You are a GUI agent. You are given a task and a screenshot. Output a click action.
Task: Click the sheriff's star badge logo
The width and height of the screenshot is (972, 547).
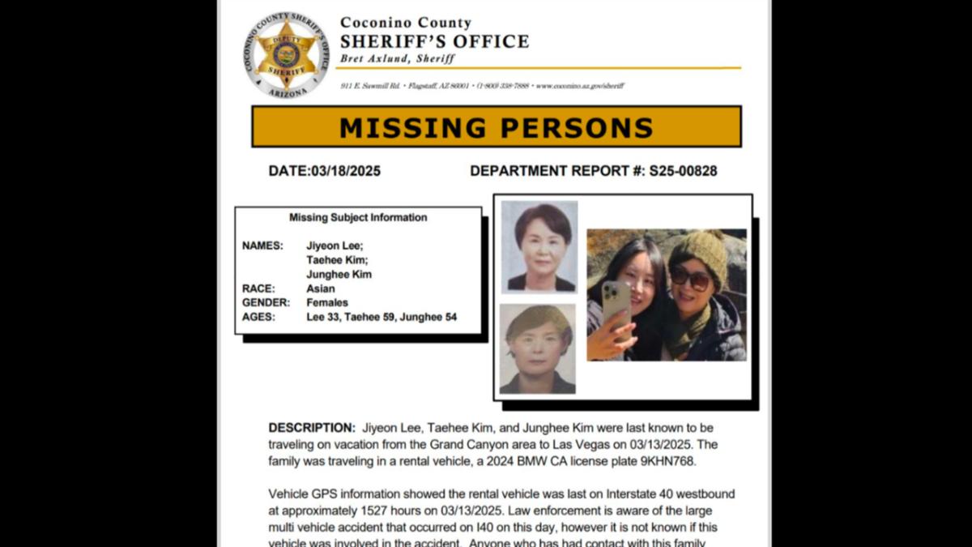[286, 55]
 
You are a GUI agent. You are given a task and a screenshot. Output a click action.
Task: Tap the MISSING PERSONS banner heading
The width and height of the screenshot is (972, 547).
[496, 127]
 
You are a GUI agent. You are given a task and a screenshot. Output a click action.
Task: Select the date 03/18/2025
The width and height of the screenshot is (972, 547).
[346, 171]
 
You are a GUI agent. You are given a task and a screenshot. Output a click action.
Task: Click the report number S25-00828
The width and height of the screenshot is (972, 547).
[683, 171]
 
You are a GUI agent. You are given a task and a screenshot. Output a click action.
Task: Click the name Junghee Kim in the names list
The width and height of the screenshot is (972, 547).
[339, 275]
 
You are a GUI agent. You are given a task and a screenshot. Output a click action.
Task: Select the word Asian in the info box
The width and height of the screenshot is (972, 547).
[321, 288]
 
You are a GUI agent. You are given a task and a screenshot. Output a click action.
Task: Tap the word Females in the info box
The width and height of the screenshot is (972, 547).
[327, 302]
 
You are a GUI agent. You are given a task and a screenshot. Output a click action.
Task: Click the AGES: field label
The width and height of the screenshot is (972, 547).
[258, 317]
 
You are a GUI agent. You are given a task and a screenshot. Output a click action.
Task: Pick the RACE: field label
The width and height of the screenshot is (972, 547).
[258, 288]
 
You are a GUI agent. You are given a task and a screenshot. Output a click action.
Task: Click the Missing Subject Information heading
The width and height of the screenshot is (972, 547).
[358, 217]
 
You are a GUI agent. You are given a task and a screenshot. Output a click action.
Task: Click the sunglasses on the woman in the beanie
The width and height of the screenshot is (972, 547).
[689, 279]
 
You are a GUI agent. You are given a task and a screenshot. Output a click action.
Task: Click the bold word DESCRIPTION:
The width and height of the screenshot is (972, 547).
[312, 428]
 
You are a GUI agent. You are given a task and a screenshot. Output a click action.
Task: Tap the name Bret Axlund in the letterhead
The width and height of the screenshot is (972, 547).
[376, 59]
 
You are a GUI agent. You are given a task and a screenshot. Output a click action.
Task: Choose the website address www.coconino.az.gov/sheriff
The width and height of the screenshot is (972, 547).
[580, 86]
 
